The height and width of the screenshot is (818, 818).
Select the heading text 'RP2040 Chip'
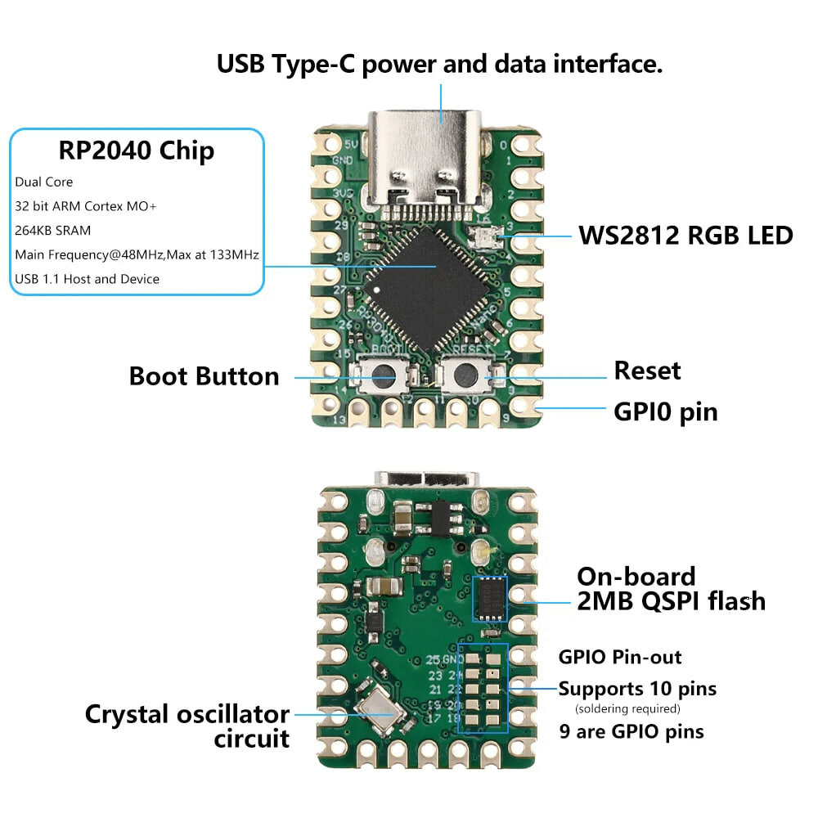137,151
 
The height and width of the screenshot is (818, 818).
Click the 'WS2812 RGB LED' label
685,236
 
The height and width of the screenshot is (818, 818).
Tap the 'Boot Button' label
204,376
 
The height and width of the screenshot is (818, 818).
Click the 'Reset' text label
647,371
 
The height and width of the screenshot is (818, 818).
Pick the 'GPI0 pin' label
665,411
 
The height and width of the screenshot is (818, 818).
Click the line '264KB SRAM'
52,230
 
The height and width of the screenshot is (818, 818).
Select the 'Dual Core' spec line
43,182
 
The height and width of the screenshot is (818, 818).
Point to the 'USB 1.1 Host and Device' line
87,279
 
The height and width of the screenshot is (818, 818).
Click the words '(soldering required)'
627,708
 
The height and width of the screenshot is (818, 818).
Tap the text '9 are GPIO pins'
631,730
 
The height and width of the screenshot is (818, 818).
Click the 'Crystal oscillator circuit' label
187,726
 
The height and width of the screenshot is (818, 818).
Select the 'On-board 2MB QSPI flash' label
671,588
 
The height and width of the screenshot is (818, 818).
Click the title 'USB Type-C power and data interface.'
439,64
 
